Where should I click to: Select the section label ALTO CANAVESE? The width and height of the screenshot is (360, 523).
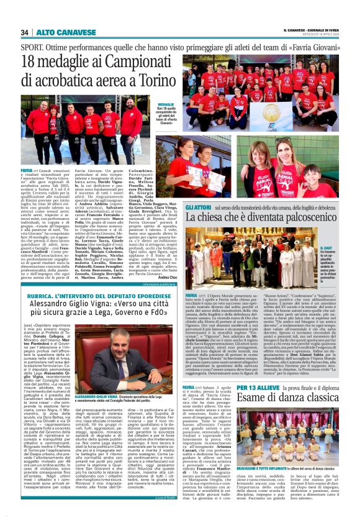(x=55, y=32)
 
